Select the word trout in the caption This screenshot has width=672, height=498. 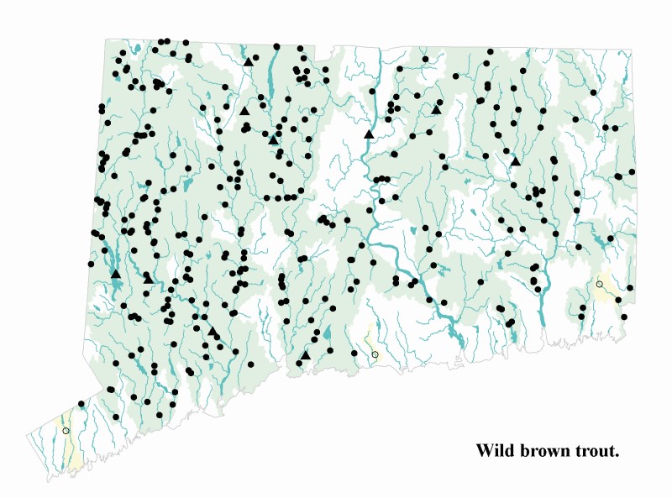click(597, 451)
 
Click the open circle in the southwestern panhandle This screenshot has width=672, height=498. click(66, 431)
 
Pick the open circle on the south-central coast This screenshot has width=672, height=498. click(375, 355)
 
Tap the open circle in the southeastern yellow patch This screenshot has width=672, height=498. click(599, 285)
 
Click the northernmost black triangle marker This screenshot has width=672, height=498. click(249, 60)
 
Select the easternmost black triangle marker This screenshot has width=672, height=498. click(516, 161)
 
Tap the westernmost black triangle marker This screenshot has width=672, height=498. click(116, 273)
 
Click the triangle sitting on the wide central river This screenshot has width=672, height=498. click(368, 134)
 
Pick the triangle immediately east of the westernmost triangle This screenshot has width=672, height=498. click(147, 276)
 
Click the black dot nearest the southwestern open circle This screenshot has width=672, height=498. click(81, 404)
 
